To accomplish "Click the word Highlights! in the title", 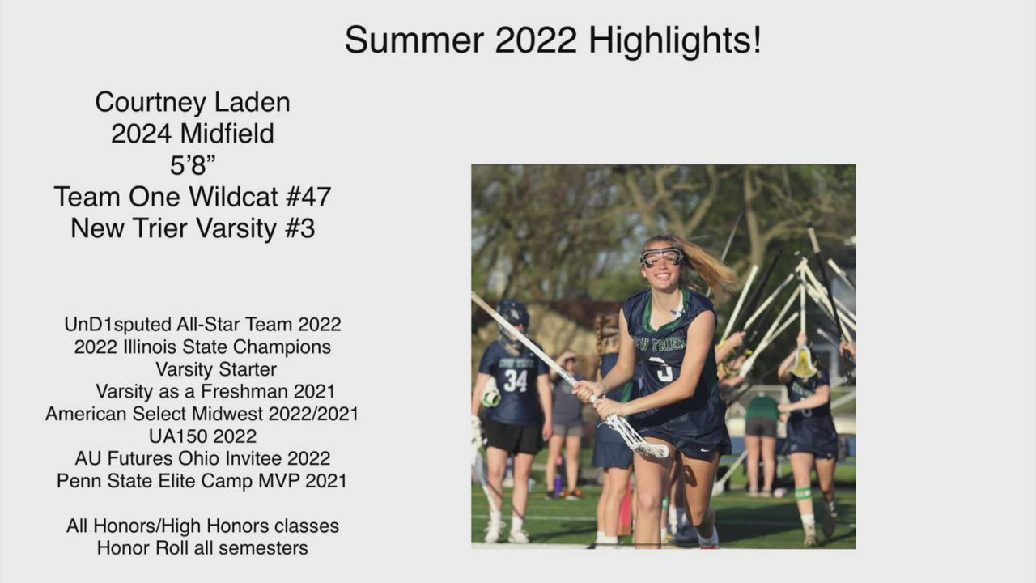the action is pyautogui.click(x=675, y=41).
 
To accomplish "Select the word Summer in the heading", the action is pyautogui.click(x=414, y=40).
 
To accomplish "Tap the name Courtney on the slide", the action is pyautogui.click(x=151, y=103).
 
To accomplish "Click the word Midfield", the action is pyautogui.click(x=227, y=134).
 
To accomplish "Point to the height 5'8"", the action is pyautogui.click(x=193, y=165).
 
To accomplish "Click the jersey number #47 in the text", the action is pyautogui.click(x=308, y=197).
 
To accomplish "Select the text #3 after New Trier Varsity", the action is pyautogui.click(x=299, y=228).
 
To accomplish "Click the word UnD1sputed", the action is pyautogui.click(x=117, y=325).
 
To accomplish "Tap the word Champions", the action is pyautogui.click(x=282, y=347).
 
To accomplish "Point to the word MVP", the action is pyautogui.click(x=279, y=481).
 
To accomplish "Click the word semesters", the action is pyautogui.click(x=263, y=548).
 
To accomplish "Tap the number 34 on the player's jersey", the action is pyautogui.click(x=516, y=381).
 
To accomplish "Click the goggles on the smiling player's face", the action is pyautogui.click(x=661, y=257).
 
